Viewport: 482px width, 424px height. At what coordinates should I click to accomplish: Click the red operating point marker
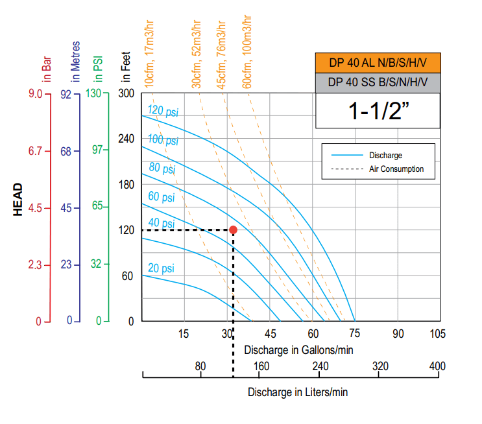click(x=233, y=230)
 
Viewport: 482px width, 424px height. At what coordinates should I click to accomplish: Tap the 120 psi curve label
click(x=163, y=111)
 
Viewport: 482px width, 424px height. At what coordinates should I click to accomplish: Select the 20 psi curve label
click(x=161, y=268)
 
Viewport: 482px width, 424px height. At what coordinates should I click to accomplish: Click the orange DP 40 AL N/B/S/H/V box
click(x=378, y=63)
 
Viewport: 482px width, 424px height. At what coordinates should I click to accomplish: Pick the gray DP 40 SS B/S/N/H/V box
click(x=378, y=82)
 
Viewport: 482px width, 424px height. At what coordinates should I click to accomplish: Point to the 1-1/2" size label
click(x=378, y=111)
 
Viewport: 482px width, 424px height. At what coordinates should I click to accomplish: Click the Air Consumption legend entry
click(x=396, y=169)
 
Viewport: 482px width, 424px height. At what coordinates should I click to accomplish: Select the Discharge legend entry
click(x=385, y=156)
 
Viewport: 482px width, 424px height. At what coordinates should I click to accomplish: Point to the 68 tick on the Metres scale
click(x=66, y=151)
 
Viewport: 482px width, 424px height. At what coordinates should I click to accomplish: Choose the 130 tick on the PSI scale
click(x=94, y=93)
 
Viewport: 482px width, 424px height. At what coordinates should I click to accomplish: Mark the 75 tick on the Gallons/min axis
click(x=355, y=334)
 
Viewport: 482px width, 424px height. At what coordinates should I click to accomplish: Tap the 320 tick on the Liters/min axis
click(x=381, y=366)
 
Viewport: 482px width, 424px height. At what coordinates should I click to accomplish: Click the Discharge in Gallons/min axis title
click(x=298, y=350)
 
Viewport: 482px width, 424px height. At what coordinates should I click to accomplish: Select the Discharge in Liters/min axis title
click(x=298, y=392)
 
